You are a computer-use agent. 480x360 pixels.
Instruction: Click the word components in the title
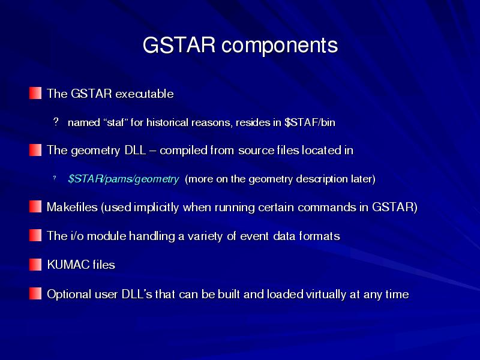click(280, 46)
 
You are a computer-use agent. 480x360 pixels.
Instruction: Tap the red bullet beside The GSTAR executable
click(35, 93)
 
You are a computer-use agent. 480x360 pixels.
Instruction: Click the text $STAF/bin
click(310, 122)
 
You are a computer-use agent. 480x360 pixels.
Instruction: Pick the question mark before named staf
click(55, 122)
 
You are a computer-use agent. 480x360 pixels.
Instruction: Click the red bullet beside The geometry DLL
click(35, 150)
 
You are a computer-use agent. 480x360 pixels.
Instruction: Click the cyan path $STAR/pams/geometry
click(124, 179)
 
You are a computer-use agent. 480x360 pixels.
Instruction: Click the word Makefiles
click(72, 207)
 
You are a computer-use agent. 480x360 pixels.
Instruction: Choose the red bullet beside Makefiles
click(35, 206)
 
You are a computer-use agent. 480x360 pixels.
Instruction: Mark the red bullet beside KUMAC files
click(35, 265)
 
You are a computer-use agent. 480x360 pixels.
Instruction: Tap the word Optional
click(69, 295)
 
